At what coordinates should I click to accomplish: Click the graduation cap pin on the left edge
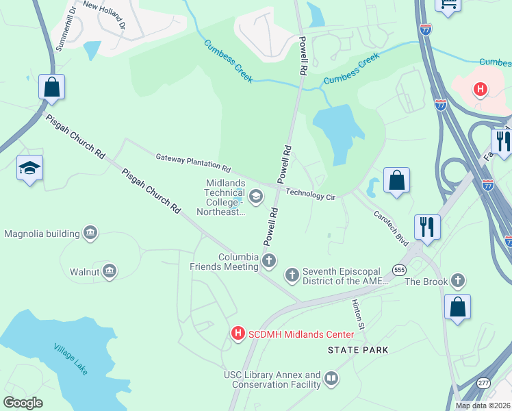coord(30,168)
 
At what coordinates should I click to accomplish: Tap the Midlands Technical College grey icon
coord(256,197)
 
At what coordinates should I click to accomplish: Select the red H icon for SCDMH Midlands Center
coord(238,334)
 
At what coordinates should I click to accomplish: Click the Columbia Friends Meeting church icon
coord(269,260)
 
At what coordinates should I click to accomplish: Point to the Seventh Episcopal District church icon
coord(292,275)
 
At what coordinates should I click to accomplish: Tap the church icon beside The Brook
coord(457,281)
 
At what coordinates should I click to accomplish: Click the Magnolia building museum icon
coord(90,234)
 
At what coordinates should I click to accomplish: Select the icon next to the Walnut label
coord(110,272)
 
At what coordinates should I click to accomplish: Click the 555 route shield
coord(400,270)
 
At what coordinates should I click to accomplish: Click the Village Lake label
coord(71,358)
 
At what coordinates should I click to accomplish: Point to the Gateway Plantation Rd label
coord(193,162)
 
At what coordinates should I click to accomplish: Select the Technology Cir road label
coord(310,195)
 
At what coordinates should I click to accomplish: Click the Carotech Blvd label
coord(391,228)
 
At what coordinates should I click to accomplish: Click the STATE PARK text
coord(358,350)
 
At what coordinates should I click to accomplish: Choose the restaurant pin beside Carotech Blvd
coord(428,227)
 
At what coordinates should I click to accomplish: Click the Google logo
coord(23,403)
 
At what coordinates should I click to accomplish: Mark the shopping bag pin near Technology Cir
coord(396,181)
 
